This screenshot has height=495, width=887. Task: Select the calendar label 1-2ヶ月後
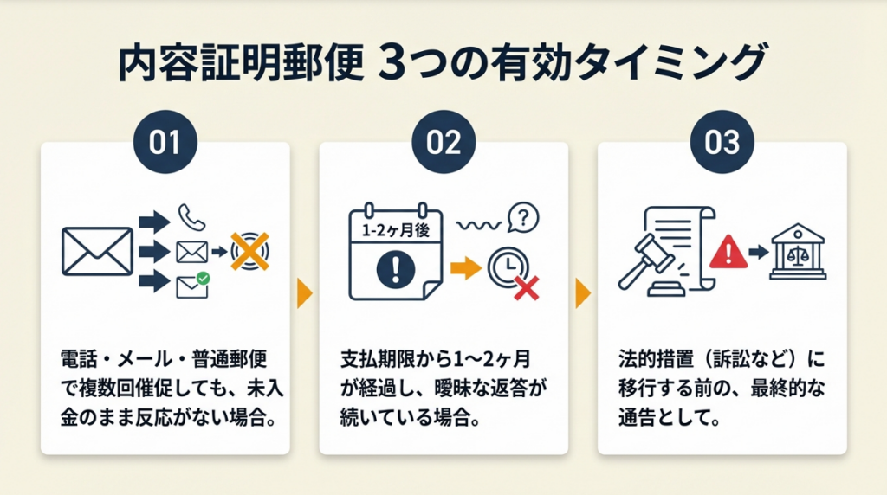[394, 230]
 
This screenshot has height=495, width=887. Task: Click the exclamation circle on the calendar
[395, 269]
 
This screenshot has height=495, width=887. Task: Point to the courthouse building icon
[797, 254]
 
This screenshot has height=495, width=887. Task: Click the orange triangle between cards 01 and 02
[304, 294]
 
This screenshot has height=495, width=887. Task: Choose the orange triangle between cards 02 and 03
[583, 294]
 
